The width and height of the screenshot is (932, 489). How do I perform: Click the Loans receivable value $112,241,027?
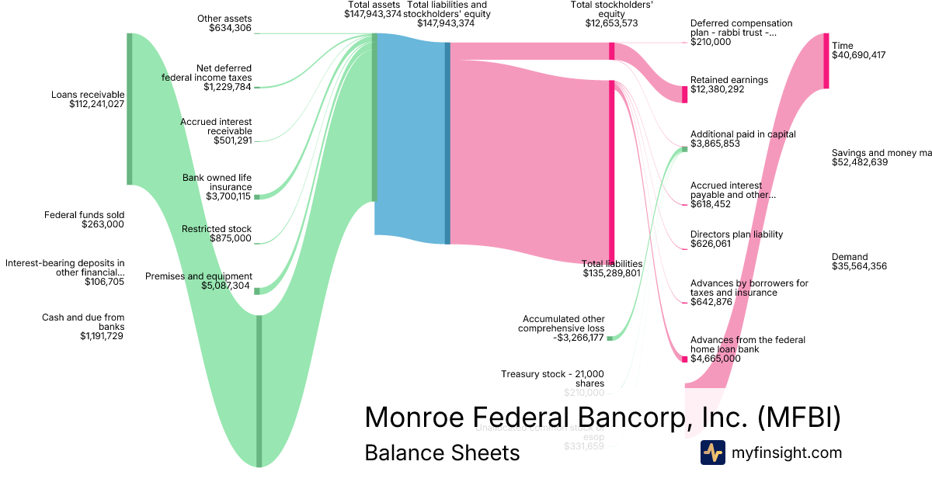pos(96,104)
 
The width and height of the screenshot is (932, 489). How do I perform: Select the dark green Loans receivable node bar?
pos(130,109)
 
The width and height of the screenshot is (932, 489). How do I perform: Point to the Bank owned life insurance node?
pos(257,196)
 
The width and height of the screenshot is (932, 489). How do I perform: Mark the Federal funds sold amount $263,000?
pos(103,224)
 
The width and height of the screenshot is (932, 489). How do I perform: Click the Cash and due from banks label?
pos(83,321)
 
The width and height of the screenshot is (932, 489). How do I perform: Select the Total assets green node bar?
pos(374,116)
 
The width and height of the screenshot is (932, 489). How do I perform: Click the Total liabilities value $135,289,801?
pos(611,273)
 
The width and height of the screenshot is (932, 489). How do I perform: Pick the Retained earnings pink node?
pos(684,94)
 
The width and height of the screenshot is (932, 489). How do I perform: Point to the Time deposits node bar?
pos(826,61)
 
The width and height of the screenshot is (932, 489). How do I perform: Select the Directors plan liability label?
pos(736,234)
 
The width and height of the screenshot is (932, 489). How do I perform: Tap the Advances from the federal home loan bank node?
pos(684,359)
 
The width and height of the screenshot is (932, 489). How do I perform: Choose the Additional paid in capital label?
pos(742,134)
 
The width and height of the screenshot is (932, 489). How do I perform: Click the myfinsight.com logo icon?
pos(712,453)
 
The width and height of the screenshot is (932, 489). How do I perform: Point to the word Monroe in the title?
pos(418,417)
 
